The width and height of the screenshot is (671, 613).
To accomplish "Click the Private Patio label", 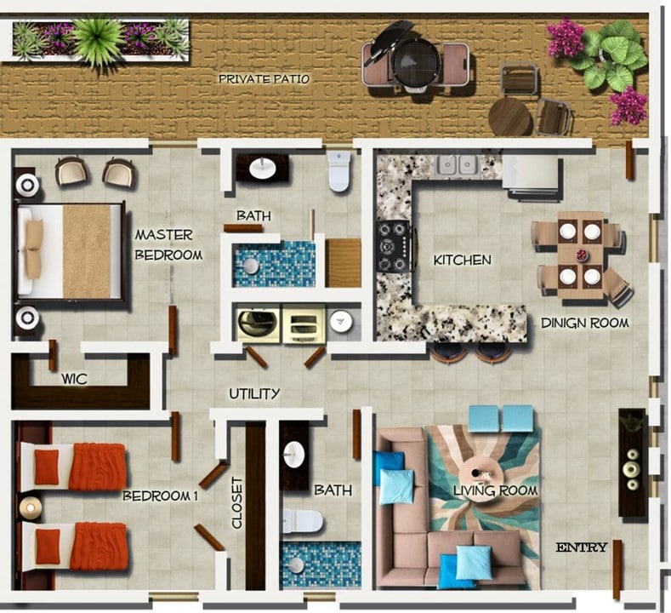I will tap(264, 79).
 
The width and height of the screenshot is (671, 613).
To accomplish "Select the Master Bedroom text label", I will tap(168, 244).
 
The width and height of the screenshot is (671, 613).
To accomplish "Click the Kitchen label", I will tap(462, 260).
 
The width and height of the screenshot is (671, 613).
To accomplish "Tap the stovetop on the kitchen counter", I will tap(392, 247).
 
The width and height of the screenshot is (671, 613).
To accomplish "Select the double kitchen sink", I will tap(456, 163).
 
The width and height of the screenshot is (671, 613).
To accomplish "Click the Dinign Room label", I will tap(585, 323).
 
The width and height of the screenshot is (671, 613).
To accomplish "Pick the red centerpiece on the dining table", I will tap(582, 255).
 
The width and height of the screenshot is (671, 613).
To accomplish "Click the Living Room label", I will tap(496, 490).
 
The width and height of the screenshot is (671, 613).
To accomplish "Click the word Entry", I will tap(582, 547).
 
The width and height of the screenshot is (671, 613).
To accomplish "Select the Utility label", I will tap(254, 394).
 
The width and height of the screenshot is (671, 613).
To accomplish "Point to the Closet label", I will tap(237, 502).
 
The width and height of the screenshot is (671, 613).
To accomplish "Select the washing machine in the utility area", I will tap(258, 324).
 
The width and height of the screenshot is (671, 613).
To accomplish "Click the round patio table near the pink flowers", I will tap(509, 117).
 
